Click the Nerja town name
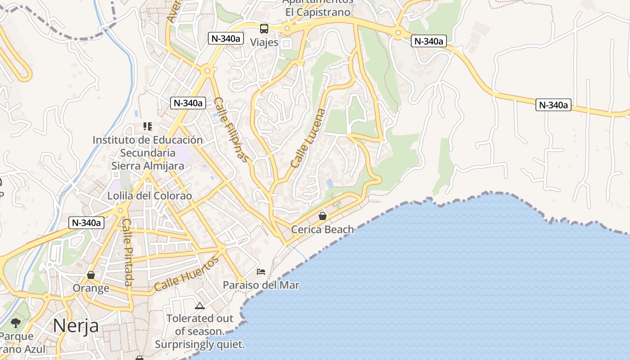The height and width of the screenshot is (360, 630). [76, 325]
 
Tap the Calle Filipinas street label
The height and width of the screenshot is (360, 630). [231, 130]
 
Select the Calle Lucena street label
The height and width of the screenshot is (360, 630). [308, 138]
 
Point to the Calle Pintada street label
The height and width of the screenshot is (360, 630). [128, 252]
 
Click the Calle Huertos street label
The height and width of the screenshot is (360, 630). [186, 273]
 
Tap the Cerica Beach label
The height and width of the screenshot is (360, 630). [322, 229]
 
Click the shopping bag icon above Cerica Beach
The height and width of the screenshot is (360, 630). [323, 216]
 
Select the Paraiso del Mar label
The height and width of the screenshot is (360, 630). [261, 285]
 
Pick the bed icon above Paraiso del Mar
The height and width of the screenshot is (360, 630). [261, 272]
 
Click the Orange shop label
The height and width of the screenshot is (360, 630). [91, 288]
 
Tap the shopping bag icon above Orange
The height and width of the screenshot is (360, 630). [91, 275]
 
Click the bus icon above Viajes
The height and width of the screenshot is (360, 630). [264, 29]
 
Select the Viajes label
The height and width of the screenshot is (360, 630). [264, 43]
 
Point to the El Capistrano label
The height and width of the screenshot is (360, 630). [318, 12]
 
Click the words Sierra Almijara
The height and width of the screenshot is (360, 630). [148, 166]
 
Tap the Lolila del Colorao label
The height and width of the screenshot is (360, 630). [149, 196]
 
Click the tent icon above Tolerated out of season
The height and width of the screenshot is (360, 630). [200, 306]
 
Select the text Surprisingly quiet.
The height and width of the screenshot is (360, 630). [200, 345]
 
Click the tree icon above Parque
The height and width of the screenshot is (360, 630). [16, 323]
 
